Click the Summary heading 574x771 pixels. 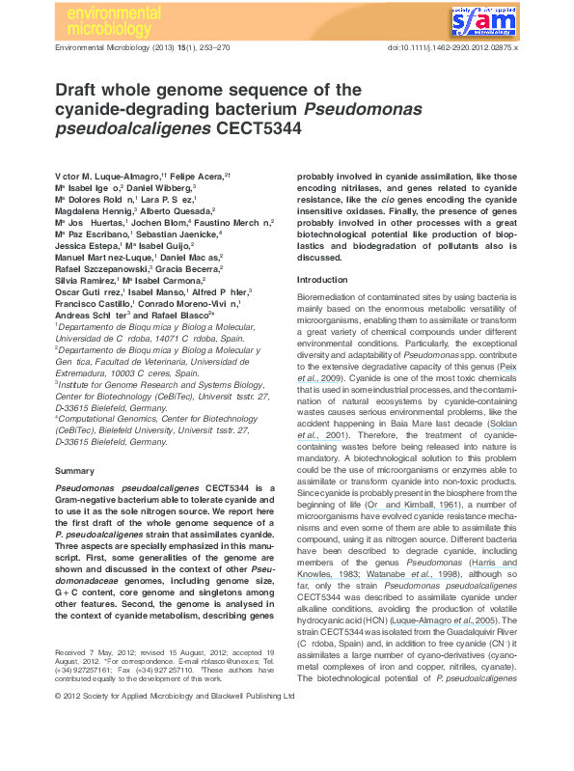[74, 470]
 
